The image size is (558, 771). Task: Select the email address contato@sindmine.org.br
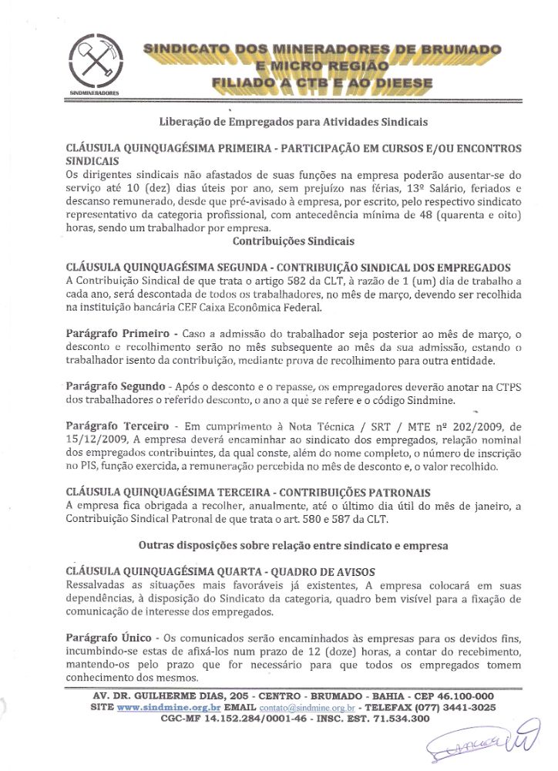pos(307,707)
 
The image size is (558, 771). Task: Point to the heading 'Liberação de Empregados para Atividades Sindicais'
pos(293,122)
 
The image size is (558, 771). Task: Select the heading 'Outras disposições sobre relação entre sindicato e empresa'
pos(293,544)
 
